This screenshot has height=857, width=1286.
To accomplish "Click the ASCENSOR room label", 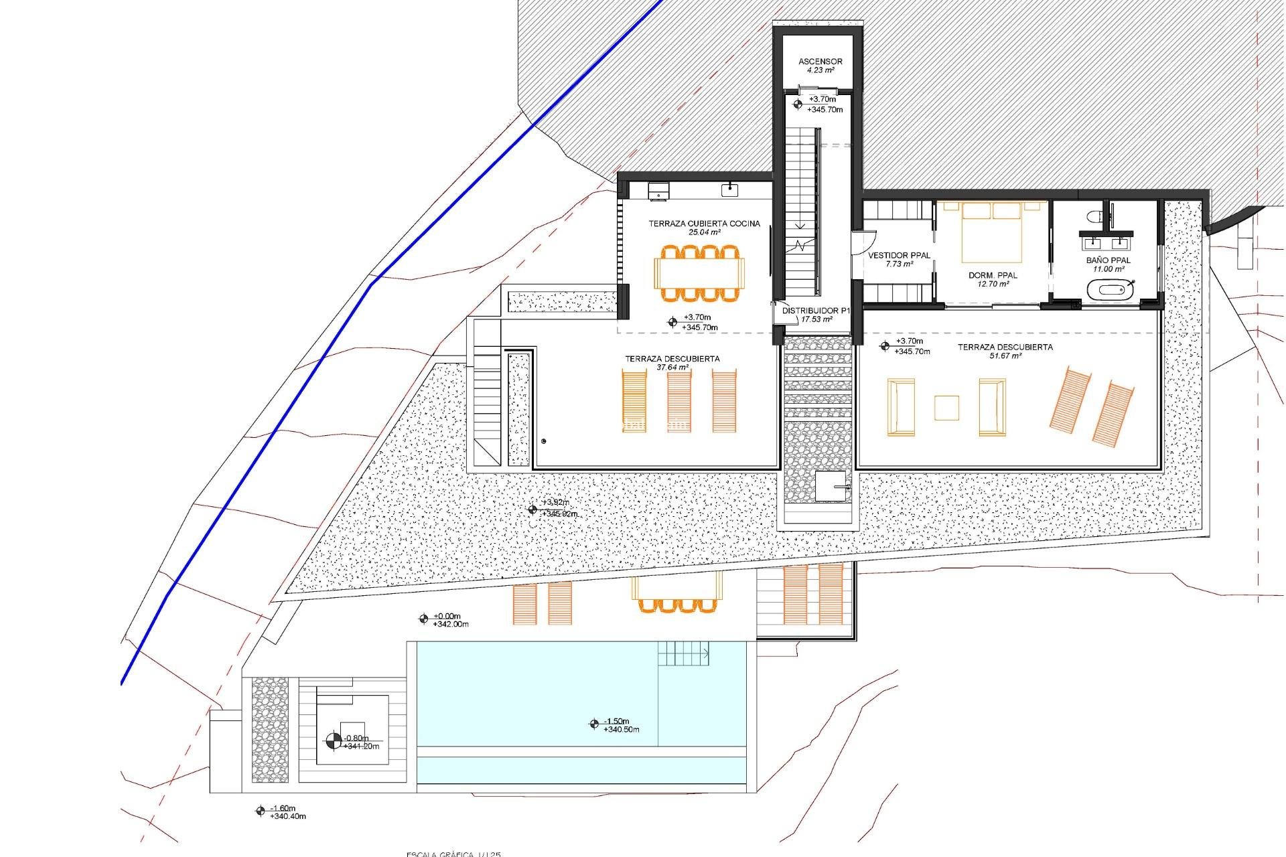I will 820,61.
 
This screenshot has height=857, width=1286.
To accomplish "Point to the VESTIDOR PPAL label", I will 899,255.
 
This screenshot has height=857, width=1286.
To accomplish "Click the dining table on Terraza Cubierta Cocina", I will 700,273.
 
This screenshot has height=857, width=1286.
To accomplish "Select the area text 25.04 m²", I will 704,232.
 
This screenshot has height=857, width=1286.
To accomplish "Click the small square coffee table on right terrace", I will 946,408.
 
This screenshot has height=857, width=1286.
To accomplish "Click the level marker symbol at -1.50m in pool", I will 593,723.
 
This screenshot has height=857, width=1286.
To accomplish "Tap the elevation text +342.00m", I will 451,624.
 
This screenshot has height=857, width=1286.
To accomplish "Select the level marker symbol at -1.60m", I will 261,811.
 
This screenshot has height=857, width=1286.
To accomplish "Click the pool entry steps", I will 683,653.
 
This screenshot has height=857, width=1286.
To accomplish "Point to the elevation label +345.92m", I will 560,514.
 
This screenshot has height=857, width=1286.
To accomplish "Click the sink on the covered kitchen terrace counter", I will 729,190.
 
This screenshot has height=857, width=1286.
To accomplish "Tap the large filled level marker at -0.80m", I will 333,741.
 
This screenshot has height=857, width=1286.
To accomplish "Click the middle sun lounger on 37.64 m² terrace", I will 679,402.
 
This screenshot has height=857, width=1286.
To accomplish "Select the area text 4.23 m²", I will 820,70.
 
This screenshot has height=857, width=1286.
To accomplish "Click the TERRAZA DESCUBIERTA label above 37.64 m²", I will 672,359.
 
